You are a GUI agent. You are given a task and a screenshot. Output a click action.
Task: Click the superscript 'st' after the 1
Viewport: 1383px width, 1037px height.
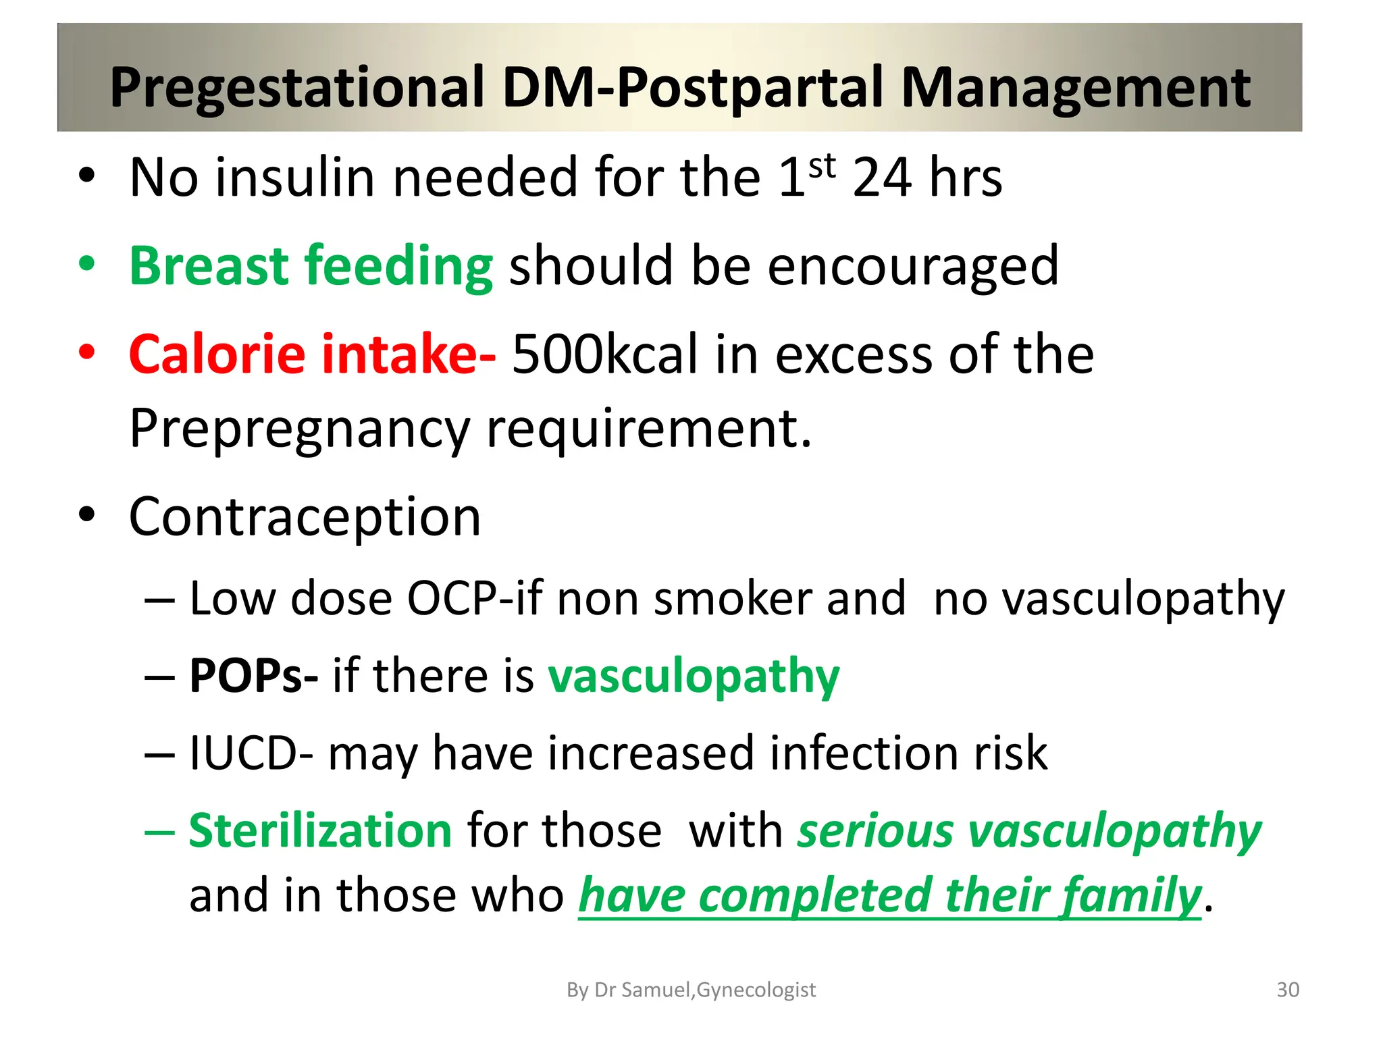click(822, 166)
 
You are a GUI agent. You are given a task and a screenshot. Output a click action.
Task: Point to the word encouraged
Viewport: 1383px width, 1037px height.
click(912, 267)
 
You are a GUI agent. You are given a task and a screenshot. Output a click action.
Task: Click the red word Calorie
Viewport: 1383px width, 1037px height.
click(217, 354)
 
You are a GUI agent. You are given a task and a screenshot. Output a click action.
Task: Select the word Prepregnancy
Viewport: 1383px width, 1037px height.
click(299, 429)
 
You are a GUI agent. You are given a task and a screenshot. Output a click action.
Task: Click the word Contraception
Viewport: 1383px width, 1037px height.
click(305, 517)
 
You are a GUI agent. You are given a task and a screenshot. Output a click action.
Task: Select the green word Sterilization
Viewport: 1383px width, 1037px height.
click(320, 830)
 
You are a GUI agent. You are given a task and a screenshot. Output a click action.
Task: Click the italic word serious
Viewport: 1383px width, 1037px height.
click(875, 830)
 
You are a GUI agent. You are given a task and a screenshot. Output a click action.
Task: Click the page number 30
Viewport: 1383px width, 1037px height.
click(1287, 990)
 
